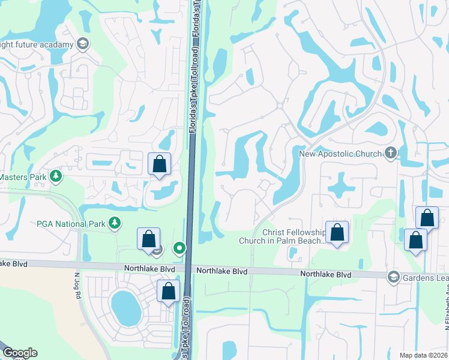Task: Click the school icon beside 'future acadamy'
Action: (x=82, y=44)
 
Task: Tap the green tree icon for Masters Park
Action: (x=56, y=176)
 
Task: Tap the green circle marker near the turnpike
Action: (x=179, y=247)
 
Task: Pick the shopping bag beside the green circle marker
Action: (x=148, y=239)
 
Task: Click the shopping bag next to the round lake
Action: (x=169, y=291)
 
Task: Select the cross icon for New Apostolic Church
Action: (x=391, y=153)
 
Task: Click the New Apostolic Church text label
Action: (x=340, y=154)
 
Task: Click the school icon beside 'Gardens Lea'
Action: (x=393, y=275)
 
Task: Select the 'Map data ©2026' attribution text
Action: (x=424, y=355)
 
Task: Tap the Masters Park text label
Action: (x=23, y=177)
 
